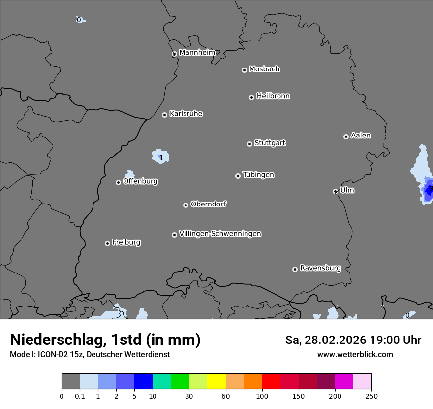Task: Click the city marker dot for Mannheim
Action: click(174, 54)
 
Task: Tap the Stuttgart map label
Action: click(270, 143)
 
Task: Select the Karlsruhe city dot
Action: click(165, 115)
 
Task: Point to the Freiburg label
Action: click(126, 242)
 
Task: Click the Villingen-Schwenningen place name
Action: click(220, 234)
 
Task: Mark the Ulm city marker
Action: click(336, 191)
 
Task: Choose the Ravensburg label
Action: click(320, 268)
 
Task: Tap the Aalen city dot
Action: click(346, 136)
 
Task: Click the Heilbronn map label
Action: click(273, 96)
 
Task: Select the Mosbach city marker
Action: click(244, 70)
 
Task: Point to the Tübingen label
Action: click(258, 175)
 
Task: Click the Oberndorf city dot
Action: click(186, 205)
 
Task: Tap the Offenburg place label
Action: click(140, 181)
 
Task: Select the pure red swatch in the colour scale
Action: click(271, 381)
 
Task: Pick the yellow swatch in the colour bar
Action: click(216, 381)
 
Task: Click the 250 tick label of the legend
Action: click(371, 396)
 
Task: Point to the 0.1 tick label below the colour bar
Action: click(80, 396)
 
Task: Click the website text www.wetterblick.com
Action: click(355, 354)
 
